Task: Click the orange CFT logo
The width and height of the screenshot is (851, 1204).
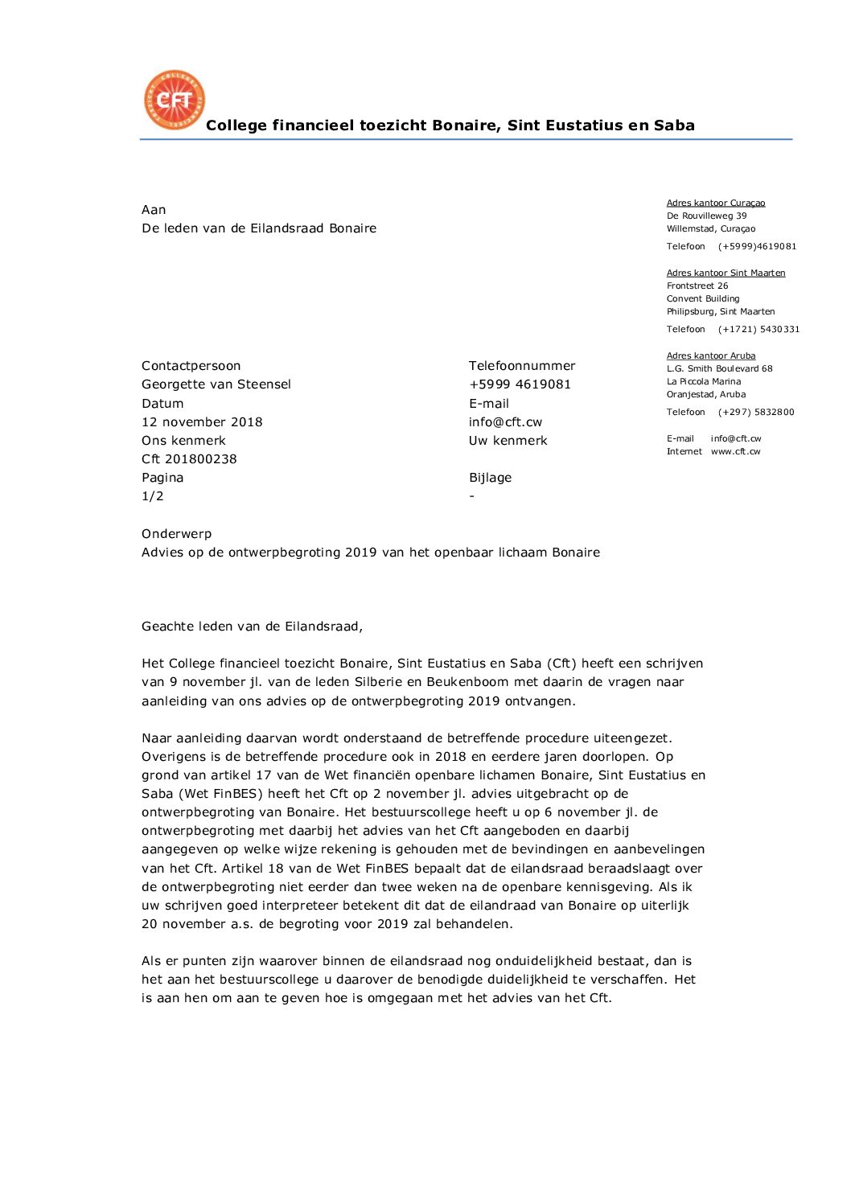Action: click(175, 100)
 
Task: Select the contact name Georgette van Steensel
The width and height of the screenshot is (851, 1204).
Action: click(216, 384)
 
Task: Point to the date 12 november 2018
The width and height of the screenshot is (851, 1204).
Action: click(202, 422)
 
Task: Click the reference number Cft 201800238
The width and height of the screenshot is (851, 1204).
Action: click(189, 459)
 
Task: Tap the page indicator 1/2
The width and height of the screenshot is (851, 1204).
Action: click(153, 496)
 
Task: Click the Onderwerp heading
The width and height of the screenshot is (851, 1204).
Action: click(177, 534)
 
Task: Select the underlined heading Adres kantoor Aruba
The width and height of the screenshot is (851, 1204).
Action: click(711, 355)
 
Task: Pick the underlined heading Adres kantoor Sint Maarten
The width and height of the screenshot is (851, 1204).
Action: click(726, 273)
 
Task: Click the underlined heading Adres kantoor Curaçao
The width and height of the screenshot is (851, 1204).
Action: click(716, 203)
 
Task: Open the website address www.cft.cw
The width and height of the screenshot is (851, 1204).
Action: click(735, 451)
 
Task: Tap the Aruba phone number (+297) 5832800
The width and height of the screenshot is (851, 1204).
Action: click(756, 412)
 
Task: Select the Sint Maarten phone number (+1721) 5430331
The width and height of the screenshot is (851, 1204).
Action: click(758, 329)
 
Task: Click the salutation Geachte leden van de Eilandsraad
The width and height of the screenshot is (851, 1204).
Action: click(252, 627)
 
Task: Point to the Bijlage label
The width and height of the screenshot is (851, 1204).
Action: click(491, 478)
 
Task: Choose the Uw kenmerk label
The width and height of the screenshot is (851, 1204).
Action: click(508, 441)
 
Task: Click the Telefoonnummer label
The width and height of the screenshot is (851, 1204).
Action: click(522, 366)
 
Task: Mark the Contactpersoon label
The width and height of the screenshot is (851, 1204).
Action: click(191, 366)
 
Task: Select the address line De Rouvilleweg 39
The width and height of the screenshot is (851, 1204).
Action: click(706, 216)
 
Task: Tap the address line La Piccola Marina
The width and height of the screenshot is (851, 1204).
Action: click(704, 381)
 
